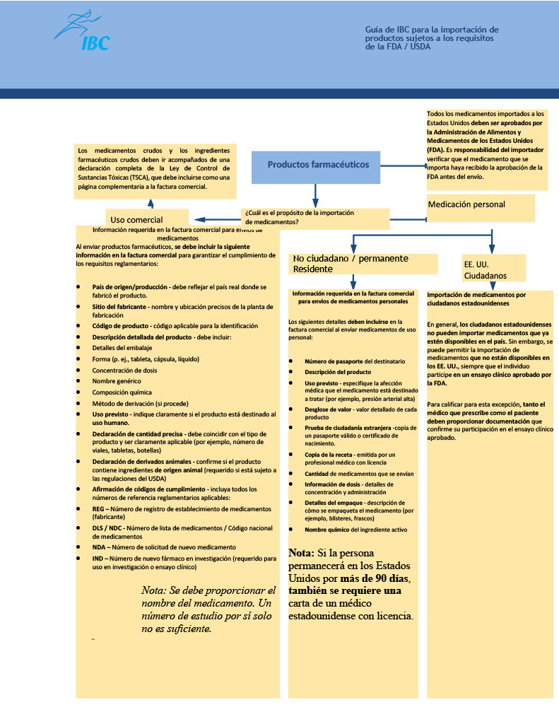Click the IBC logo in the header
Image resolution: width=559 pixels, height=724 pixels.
pos(83,31)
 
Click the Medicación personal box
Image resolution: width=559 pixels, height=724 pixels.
pos(481,206)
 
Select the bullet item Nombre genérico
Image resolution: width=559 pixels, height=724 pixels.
pos(116,381)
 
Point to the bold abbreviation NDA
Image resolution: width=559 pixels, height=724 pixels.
pos(100,547)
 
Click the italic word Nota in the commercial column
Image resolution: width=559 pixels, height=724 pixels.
pos(153,590)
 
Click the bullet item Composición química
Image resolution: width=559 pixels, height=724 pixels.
pos(122,392)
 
